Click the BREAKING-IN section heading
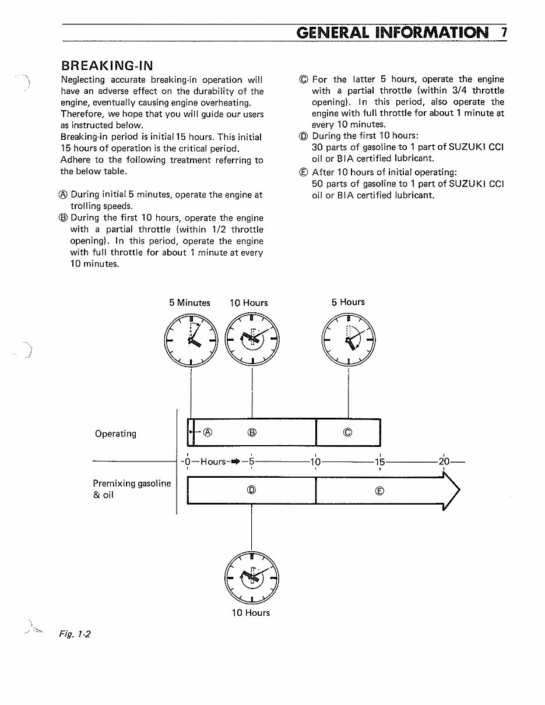tap(107, 64)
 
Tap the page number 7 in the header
tap(504, 32)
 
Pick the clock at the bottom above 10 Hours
tap(251, 576)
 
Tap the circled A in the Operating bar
tap(208, 432)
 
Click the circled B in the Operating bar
tap(252, 432)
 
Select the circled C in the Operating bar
tap(347, 432)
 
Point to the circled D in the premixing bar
tap(251, 490)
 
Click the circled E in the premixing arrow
tap(379, 491)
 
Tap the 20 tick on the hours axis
tap(444, 461)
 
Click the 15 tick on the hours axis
tap(379, 461)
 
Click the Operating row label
tap(115, 433)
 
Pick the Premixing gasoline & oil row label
tap(132, 489)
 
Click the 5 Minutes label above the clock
tap(189, 302)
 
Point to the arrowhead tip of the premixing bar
tap(459, 491)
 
